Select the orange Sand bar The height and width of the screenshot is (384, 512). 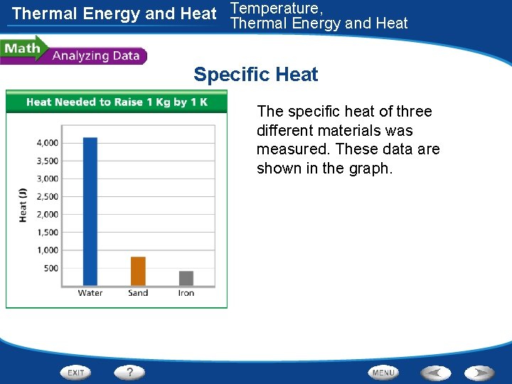(x=138, y=271)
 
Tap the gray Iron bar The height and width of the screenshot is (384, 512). (x=186, y=278)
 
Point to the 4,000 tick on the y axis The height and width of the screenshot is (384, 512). (x=48, y=143)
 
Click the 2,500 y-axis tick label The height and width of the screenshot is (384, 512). (x=48, y=197)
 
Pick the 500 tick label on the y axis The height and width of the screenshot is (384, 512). (x=50, y=268)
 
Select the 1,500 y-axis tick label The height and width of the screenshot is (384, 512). (x=48, y=233)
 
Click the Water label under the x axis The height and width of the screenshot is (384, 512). (x=90, y=293)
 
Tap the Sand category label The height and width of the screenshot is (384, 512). (x=138, y=293)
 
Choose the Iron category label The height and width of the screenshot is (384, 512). (x=186, y=293)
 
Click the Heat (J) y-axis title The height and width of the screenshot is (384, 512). (x=23, y=206)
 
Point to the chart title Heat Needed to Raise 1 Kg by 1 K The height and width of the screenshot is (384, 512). (x=117, y=102)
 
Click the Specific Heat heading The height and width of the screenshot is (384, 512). (x=255, y=75)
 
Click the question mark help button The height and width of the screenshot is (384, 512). (x=130, y=372)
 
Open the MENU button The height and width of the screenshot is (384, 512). (x=383, y=373)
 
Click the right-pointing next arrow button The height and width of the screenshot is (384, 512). (x=480, y=373)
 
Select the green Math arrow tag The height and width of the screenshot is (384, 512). (x=23, y=49)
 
